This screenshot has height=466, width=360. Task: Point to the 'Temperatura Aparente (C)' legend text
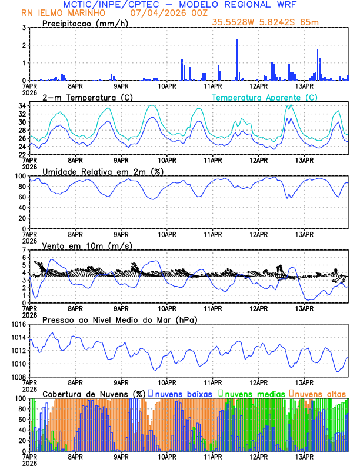[x=264, y=97]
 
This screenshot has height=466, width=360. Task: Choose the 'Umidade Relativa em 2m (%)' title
[x=103, y=171]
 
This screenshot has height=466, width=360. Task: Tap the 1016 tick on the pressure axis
[x=17, y=324]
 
